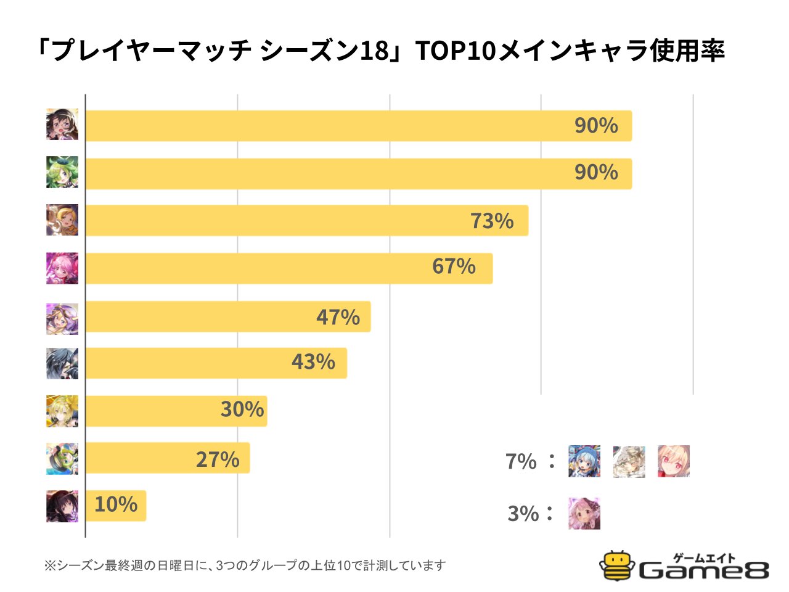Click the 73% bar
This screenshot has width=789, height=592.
306,220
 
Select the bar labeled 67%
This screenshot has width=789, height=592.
288,268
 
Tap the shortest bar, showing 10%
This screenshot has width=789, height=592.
115,506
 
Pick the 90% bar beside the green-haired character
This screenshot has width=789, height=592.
358,173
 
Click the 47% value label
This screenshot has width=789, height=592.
338,317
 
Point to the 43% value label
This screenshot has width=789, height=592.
313,361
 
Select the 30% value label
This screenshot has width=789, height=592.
242,409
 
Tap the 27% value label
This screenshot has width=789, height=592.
218,459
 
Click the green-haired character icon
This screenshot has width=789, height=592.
62,172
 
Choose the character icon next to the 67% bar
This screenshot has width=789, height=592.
62,268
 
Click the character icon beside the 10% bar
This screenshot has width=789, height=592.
62,506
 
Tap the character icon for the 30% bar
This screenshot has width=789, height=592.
62,411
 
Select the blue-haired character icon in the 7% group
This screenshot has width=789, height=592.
584,461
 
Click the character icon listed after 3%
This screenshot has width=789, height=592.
584,513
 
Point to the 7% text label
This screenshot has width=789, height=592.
521,461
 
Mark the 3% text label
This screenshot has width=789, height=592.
523,513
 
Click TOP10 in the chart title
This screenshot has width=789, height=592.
456,51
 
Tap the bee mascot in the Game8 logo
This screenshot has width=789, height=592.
616,565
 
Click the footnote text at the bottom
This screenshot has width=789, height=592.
245,565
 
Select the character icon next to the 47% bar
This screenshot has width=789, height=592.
62,319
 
